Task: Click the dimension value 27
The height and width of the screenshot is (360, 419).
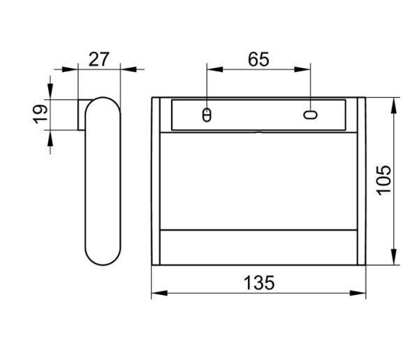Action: [99, 59]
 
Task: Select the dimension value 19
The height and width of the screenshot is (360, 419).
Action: [41, 114]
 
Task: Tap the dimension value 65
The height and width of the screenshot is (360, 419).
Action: [258, 59]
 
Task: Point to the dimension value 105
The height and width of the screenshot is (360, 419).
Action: [383, 180]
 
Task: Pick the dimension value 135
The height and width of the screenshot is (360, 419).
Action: [259, 282]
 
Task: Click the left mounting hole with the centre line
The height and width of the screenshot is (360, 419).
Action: [207, 115]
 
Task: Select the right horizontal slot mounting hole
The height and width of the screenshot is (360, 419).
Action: [310, 115]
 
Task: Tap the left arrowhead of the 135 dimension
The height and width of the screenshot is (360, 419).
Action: [159, 293]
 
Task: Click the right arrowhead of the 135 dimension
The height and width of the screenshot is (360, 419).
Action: [358, 293]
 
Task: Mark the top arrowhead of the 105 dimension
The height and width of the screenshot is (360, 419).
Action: [394, 106]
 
